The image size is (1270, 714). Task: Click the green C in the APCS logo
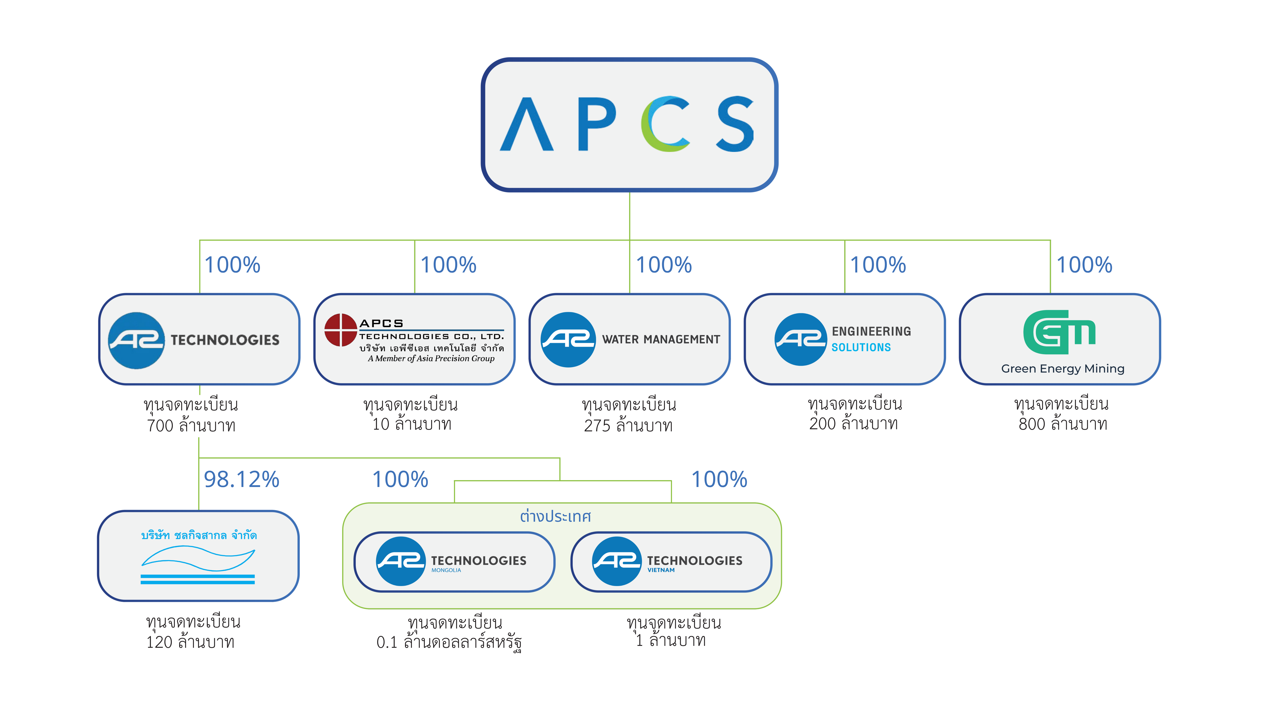click(663, 124)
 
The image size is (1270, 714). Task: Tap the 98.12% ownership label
click(242, 479)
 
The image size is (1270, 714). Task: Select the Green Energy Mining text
click(1062, 369)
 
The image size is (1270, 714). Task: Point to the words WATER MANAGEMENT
click(661, 340)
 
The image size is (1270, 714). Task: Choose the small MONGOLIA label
click(446, 570)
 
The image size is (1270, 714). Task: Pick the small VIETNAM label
click(661, 570)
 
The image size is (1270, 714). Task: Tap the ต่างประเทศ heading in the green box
click(555, 516)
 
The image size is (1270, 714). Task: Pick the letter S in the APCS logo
click(734, 124)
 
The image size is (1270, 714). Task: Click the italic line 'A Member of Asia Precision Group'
click(431, 359)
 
